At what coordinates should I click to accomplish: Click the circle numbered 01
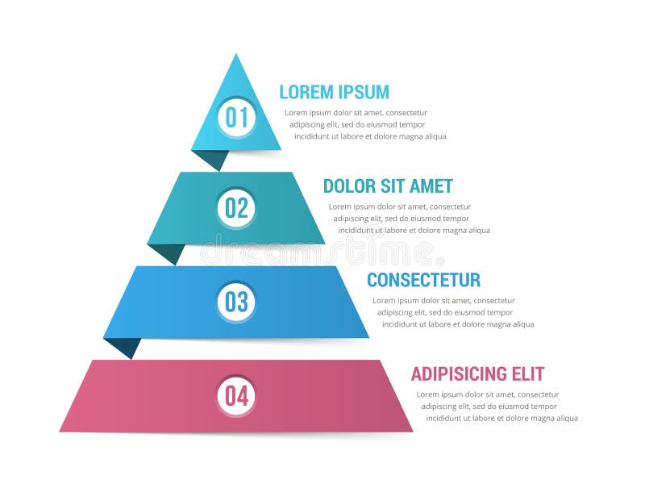pos(236,118)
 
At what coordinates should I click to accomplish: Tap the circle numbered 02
pos(236,208)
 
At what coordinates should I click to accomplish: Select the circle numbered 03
pos(236,302)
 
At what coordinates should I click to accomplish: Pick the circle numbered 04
pos(236,396)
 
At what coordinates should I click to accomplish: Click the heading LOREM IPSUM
pos(334,92)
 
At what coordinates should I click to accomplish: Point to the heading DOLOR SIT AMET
pos(388,186)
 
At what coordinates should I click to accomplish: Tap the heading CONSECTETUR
pos(423,280)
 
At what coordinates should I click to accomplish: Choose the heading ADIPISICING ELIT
pos(477,374)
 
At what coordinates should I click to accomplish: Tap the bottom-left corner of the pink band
pos(60,430)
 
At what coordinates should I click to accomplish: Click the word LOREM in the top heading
pos(306,92)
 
